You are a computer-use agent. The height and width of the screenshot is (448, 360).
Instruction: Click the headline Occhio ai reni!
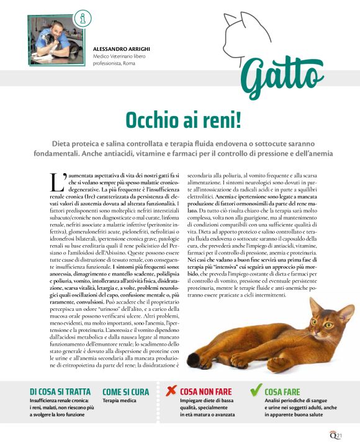click(179, 119)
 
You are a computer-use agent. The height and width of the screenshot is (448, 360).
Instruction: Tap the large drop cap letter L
click(55, 181)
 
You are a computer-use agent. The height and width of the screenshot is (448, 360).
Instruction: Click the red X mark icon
click(171, 391)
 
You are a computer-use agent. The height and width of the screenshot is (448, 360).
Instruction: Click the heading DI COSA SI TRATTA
click(60, 392)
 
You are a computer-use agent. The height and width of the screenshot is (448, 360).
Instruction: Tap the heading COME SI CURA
click(125, 392)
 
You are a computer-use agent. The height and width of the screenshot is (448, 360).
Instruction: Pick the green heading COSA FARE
click(282, 392)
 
